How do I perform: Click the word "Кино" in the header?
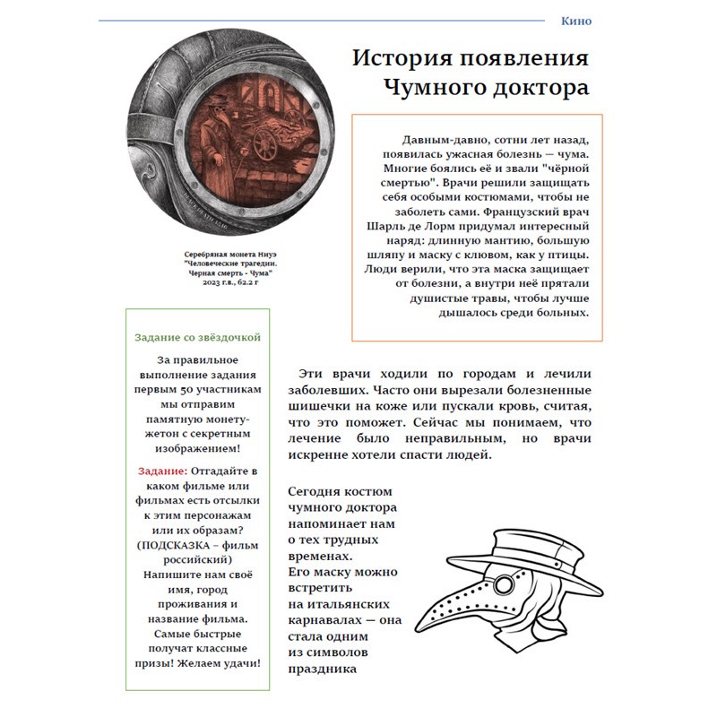pos(575,21)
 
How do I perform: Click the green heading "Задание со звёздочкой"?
pos(197,337)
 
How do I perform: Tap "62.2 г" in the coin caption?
pos(252,281)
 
